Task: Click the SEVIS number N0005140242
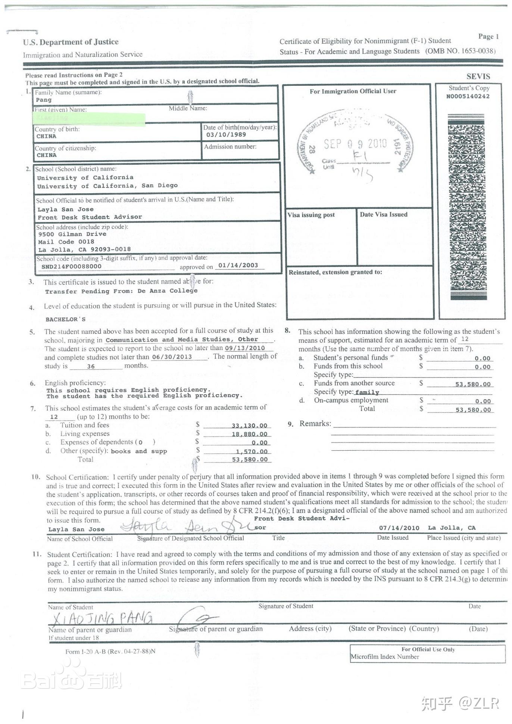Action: pos(468,96)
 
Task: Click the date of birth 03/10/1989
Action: pos(226,135)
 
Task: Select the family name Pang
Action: pos(44,100)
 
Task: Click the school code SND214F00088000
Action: pos(71,266)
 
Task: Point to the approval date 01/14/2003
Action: pos(238,265)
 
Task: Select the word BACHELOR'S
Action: pos(65,319)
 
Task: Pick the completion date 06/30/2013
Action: pos(172,357)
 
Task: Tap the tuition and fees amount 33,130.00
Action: pos(249,426)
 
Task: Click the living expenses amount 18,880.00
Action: pos(249,434)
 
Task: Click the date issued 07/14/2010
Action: pos(399,528)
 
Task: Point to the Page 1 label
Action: pos(488,36)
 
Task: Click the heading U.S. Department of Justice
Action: pos(71,42)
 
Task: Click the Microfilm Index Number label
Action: pos(384,657)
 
